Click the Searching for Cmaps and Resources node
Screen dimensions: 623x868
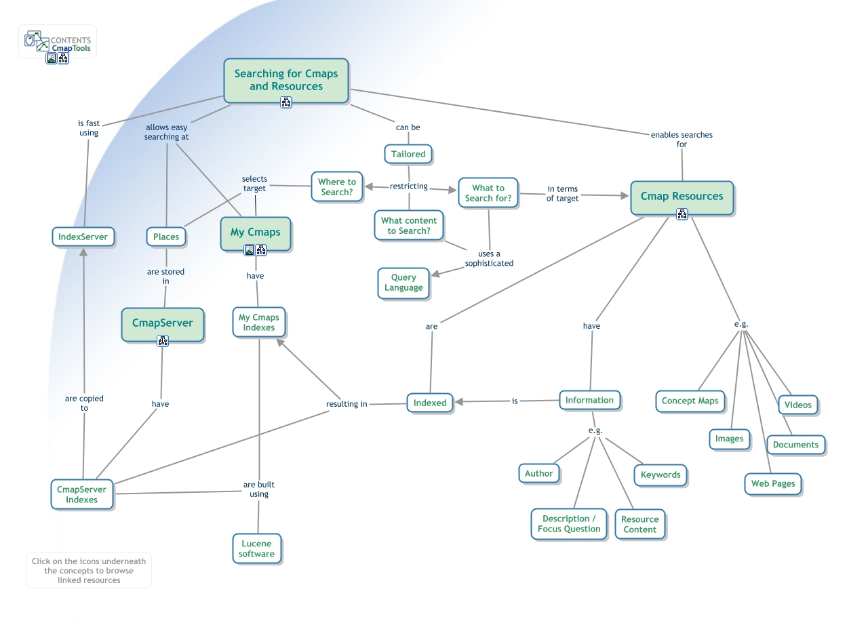point(285,79)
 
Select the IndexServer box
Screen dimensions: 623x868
point(83,237)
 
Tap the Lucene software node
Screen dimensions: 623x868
point(256,548)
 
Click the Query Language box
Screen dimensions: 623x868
point(403,282)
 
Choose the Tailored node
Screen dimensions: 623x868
point(408,154)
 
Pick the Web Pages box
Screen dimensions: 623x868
point(772,483)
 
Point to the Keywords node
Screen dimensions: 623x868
point(660,475)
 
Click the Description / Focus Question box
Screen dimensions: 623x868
point(569,523)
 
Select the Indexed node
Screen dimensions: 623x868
point(430,403)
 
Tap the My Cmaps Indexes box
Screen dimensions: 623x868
point(259,322)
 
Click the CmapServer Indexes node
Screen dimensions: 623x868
point(81,494)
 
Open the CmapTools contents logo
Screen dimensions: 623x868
point(58,41)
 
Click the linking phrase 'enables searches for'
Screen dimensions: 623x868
point(682,139)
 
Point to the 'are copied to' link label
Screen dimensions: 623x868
point(84,403)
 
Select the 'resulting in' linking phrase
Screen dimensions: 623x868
point(347,404)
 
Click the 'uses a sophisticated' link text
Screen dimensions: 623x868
point(489,258)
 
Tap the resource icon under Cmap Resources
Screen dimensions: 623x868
point(682,214)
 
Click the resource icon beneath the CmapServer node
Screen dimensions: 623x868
point(163,341)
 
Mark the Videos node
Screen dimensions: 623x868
point(797,405)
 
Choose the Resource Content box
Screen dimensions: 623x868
point(639,524)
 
